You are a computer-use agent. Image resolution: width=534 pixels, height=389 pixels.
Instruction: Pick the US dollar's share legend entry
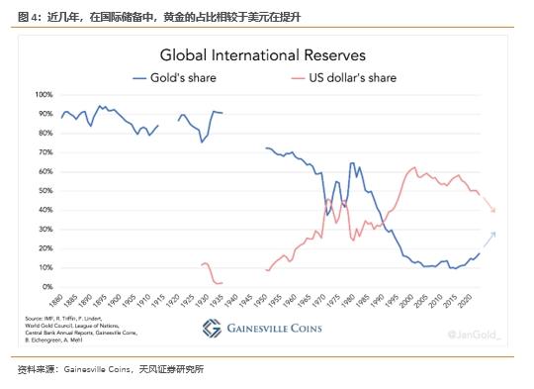[342, 77]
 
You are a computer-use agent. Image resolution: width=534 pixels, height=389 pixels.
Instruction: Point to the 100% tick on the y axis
[44, 95]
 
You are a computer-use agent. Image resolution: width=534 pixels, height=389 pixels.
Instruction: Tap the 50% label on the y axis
[44, 191]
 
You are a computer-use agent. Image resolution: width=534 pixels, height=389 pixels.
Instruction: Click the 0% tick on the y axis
[46, 287]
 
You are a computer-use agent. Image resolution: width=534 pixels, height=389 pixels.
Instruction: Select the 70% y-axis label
[44, 152]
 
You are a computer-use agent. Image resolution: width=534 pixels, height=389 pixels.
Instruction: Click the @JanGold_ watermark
[478, 336]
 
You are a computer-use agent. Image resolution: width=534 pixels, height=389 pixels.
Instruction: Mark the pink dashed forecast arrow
[488, 203]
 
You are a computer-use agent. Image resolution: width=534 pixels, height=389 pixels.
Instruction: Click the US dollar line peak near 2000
[413, 168]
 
